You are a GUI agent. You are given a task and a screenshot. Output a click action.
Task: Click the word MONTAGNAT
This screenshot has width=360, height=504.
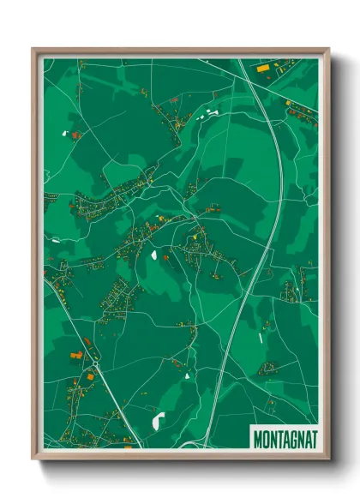pyautogui.click(x=285, y=439)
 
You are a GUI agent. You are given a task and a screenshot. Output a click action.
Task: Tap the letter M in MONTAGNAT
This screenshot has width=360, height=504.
pyautogui.click(x=258, y=439)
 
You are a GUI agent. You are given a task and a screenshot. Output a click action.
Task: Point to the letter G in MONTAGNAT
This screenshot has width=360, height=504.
pyautogui.click(x=292, y=439)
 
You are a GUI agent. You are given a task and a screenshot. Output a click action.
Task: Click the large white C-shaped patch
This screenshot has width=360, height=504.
pyautogui.click(x=159, y=421)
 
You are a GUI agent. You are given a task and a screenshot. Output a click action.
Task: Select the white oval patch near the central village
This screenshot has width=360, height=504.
pyautogui.click(x=155, y=254)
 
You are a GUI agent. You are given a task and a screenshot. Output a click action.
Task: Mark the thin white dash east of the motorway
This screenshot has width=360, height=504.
pyautogui.click(x=264, y=325)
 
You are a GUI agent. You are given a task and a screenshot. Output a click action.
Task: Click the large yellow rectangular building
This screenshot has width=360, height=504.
pyautogui.click(x=75, y=354)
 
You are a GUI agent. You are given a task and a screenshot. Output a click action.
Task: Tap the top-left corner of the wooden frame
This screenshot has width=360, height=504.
pyautogui.click(x=34, y=50)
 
